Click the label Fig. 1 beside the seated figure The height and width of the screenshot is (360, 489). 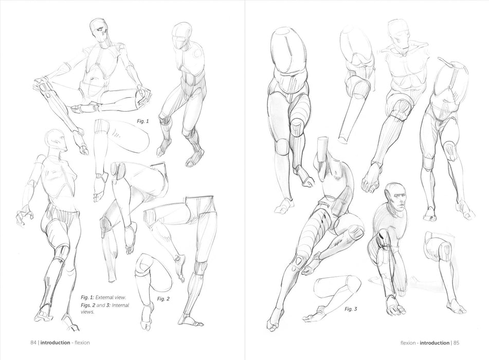pyautogui.click(x=143, y=121)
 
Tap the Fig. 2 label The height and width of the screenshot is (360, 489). pyautogui.click(x=163, y=299)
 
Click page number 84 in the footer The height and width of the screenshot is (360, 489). pyautogui.click(x=33, y=343)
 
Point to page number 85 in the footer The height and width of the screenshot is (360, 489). pyautogui.click(x=456, y=343)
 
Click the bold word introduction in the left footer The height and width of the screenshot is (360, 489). pyautogui.click(x=55, y=343)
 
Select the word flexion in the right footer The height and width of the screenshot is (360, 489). pyautogui.click(x=408, y=343)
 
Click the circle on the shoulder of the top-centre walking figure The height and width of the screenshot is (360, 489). pyautogui.click(x=198, y=53)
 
